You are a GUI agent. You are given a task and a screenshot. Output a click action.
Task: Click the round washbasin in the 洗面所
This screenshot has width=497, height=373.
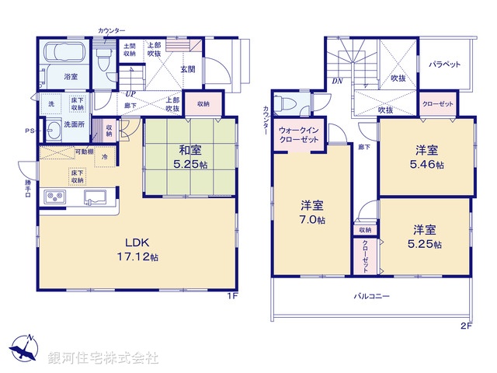point(52,129)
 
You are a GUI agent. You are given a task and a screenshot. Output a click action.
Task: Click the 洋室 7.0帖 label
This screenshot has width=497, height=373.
point(313,212)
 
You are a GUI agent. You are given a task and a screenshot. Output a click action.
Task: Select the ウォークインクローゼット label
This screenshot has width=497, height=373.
point(299,134)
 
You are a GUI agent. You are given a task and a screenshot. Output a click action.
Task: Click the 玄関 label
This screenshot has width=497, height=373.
point(188,70)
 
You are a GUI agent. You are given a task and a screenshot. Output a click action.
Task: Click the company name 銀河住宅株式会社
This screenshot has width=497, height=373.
point(103,358)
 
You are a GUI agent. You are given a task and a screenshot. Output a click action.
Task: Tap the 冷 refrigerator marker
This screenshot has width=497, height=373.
point(105,158)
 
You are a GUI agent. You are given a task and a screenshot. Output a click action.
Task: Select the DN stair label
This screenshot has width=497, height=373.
point(338,80)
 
